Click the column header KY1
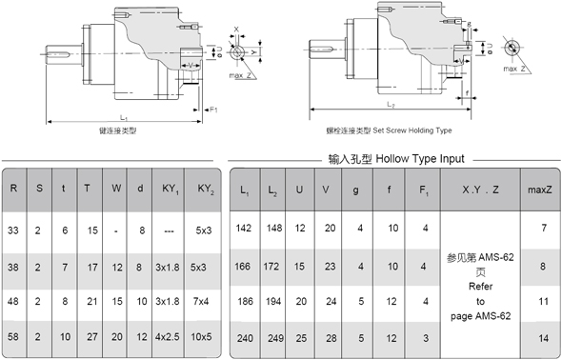coord(171,189)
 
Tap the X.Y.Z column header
coord(480,189)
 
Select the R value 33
coord(13,230)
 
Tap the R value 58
coord(13,337)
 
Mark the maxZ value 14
coord(542,338)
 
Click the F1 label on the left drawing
coord(214,110)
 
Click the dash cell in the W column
coord(115,230)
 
